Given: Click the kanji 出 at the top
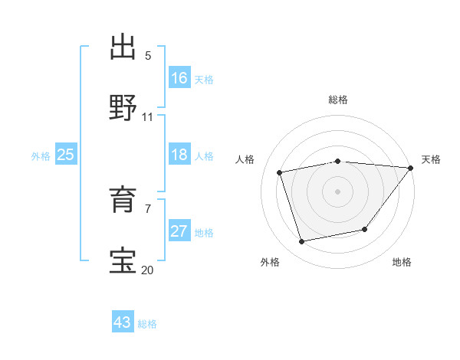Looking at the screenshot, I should (123, 47).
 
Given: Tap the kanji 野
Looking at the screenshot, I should (123, 108).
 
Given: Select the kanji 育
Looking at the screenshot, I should (123, 200).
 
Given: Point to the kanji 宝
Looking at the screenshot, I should (123, 260).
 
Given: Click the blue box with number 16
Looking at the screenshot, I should (179, 78).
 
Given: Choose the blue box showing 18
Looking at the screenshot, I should (179, 155).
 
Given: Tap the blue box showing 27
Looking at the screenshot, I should (179, 231).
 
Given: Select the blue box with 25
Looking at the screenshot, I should (65, 155).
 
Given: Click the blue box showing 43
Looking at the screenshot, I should (123, 322).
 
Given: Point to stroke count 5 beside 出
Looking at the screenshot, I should (148, 56).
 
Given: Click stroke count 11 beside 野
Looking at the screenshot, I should (148, 116).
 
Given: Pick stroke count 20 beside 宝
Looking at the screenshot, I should (147, 269).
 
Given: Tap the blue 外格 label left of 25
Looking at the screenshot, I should (41, 155).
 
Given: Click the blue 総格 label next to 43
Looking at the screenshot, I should (147, 323).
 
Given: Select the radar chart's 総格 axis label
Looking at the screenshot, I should (338, 100).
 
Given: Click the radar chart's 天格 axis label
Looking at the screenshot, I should (431, 159).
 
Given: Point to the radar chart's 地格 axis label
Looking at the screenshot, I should (402, 263).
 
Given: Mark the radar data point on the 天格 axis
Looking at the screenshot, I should (412, 168).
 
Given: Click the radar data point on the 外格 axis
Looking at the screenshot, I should (302, 242).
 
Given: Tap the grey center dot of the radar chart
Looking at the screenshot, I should (338, 191).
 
